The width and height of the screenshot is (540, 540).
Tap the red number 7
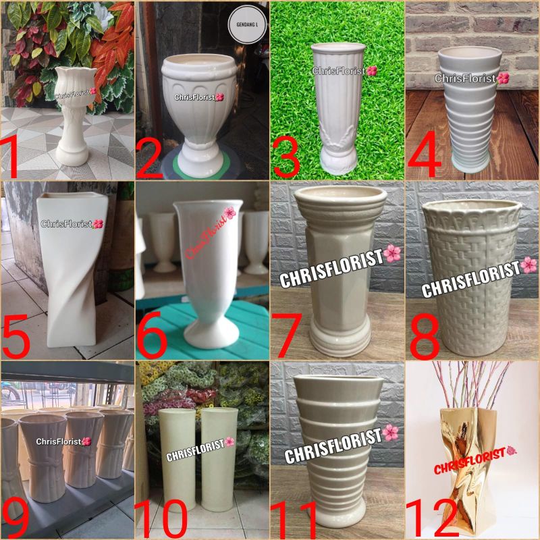(x=290, y=334)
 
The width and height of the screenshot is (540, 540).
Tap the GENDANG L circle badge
(x=246, y=20)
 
